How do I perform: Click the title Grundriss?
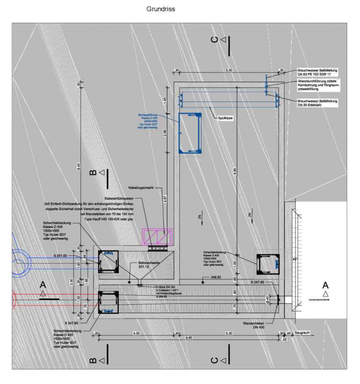click(x=161, y=9)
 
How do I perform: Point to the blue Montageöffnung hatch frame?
click(x=190, y=133)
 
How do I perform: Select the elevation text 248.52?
click(x=216, y=277)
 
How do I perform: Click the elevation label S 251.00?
click(x=60, y=255)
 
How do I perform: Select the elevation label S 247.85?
click(x=257, y=283)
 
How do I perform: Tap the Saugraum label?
click(x=302, y=333)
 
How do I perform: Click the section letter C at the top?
click(x=215, y=40)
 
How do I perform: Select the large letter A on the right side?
click(x=325, y=285)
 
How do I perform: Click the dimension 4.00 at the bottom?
click(x=136, y=333)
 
